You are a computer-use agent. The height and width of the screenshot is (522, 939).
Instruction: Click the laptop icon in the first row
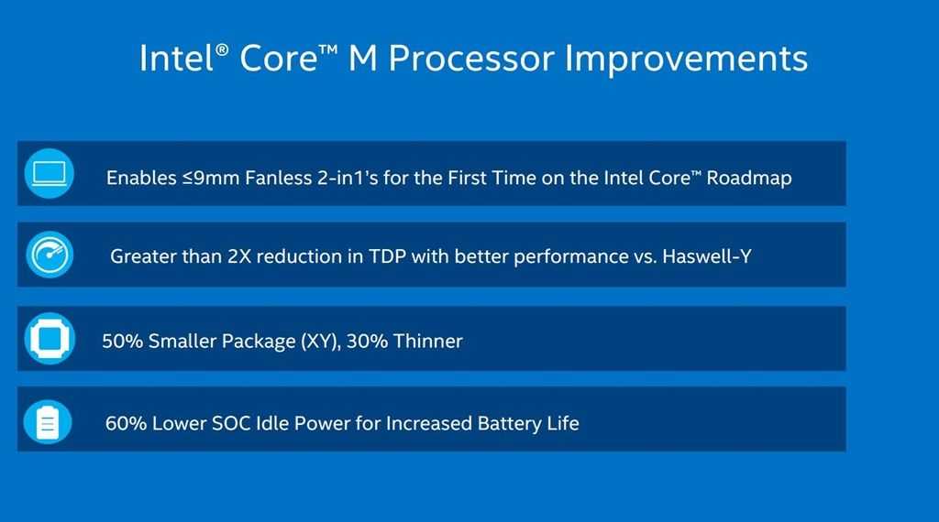tap(50, 173)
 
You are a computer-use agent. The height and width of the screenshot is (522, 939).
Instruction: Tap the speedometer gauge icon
tap(50, 255)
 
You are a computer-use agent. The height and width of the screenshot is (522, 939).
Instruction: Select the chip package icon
tap(50, 339)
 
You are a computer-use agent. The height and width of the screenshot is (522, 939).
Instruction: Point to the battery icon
tap(48, 422)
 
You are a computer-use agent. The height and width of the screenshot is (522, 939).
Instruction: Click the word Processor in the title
tap(470, 59)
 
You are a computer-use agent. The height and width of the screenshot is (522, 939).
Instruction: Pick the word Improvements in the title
tap(686, 59)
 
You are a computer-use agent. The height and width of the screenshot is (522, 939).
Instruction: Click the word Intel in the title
tap(178, 59)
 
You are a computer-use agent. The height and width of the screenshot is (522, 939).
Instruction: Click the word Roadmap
tap(749, 178)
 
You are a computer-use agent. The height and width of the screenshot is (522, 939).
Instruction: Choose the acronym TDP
tap(387, 256)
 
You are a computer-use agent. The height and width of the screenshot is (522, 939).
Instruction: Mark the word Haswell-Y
tap(707, 256)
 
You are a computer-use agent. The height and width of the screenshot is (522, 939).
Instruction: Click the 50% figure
tap(122, 342)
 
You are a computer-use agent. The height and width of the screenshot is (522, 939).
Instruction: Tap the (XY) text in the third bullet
tap(321, 342)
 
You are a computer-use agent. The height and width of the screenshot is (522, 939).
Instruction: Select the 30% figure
tap(367, 342)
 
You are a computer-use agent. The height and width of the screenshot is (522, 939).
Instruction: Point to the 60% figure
tap(126, 423)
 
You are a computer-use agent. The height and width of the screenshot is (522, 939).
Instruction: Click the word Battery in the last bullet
tap(509, 424)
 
